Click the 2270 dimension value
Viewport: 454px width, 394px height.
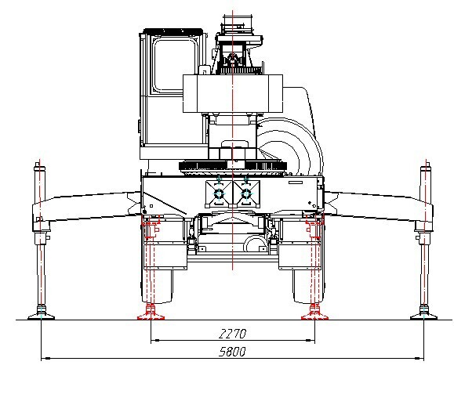click(233, 334)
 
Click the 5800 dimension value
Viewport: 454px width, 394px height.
click(232, 352)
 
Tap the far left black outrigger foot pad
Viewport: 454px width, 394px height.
click(41, 316)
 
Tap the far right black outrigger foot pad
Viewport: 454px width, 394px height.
click(424, 316)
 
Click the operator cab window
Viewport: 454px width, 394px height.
click(174, 66)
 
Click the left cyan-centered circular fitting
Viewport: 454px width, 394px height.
click(219, 193)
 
